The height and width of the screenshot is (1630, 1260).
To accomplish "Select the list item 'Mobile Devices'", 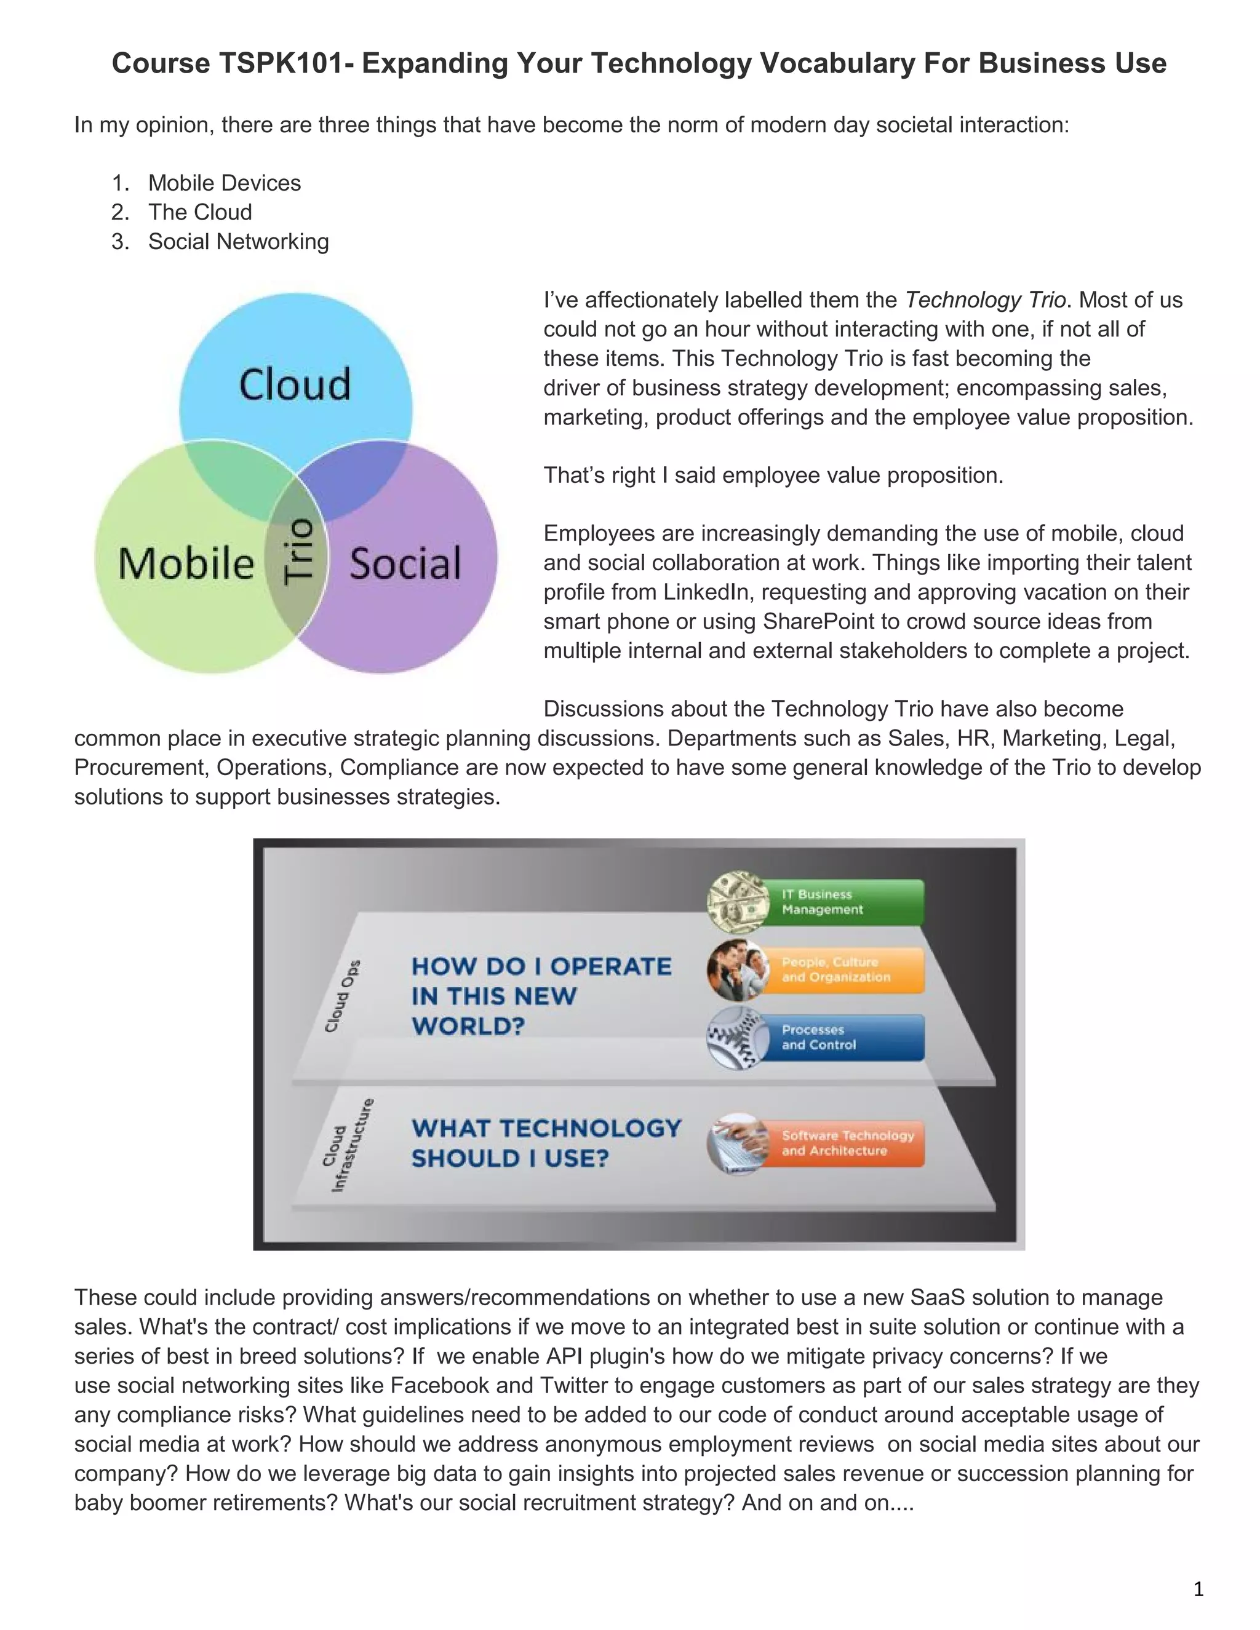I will coord(224,183).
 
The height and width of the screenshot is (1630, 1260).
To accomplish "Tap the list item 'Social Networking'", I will coord(238,242).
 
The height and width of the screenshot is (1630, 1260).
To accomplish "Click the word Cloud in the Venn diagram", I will coord(295,384).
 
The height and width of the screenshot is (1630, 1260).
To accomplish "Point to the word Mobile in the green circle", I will coord(186,563).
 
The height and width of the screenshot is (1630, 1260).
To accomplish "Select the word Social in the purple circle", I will coord(405,563).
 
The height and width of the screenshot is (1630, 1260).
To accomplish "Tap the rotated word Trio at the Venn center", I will coord(298,550).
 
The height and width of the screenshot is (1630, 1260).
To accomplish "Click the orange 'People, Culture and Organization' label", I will coord(847,969).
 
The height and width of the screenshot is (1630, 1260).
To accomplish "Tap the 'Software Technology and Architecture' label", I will coord(847,1143).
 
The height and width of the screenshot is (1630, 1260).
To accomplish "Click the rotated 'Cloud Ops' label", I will coord(342,996).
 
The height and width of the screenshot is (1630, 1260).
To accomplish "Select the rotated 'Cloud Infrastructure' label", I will coord(345,1146).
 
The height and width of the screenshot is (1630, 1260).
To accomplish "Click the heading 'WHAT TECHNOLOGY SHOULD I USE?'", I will coord(546,1143).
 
